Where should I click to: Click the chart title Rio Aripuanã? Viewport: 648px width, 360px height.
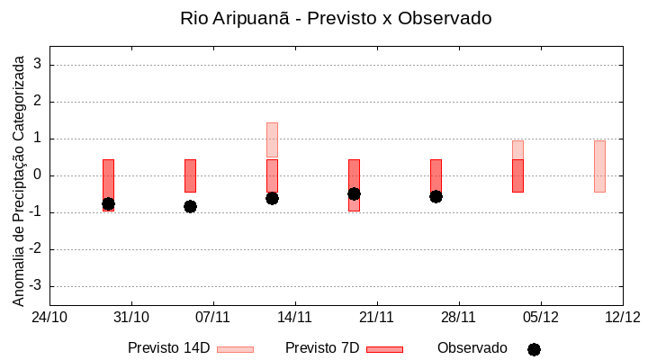click(x=336, y=18)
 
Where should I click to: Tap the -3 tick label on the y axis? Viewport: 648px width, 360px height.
click(x=35, y=286)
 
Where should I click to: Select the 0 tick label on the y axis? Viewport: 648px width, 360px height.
click(x=39, y=175)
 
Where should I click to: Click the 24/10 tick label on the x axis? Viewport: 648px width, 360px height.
click(x=49, y=317)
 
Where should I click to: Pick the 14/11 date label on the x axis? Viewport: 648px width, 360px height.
click(x=294, y=317)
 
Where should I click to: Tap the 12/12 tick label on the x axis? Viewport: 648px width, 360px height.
click(x=622, y=317)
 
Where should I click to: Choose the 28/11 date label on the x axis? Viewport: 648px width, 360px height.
click(x=458, y=317)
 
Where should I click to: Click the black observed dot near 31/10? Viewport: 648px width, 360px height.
click(x=108, y=204)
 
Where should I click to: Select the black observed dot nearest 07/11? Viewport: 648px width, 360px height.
click(x=190, y=206)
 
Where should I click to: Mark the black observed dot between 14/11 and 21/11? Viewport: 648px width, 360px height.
click(x=354, y=193)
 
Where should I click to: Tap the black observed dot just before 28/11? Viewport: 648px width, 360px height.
click(x=436, y=196)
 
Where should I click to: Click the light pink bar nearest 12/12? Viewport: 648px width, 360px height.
click(x=599, y=166)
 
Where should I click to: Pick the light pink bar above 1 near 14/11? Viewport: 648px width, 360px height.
click(x=272, y=139)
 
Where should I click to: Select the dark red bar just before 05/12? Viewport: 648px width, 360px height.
click(x=517, y=175)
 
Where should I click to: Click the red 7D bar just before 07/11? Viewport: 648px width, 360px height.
click(x=190, y=175)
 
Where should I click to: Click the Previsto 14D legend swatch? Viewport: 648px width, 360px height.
click(x=235, y=349)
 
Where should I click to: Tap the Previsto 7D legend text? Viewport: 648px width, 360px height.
click(x=322, y=348)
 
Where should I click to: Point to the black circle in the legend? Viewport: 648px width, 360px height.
click(x=534, y=349)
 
